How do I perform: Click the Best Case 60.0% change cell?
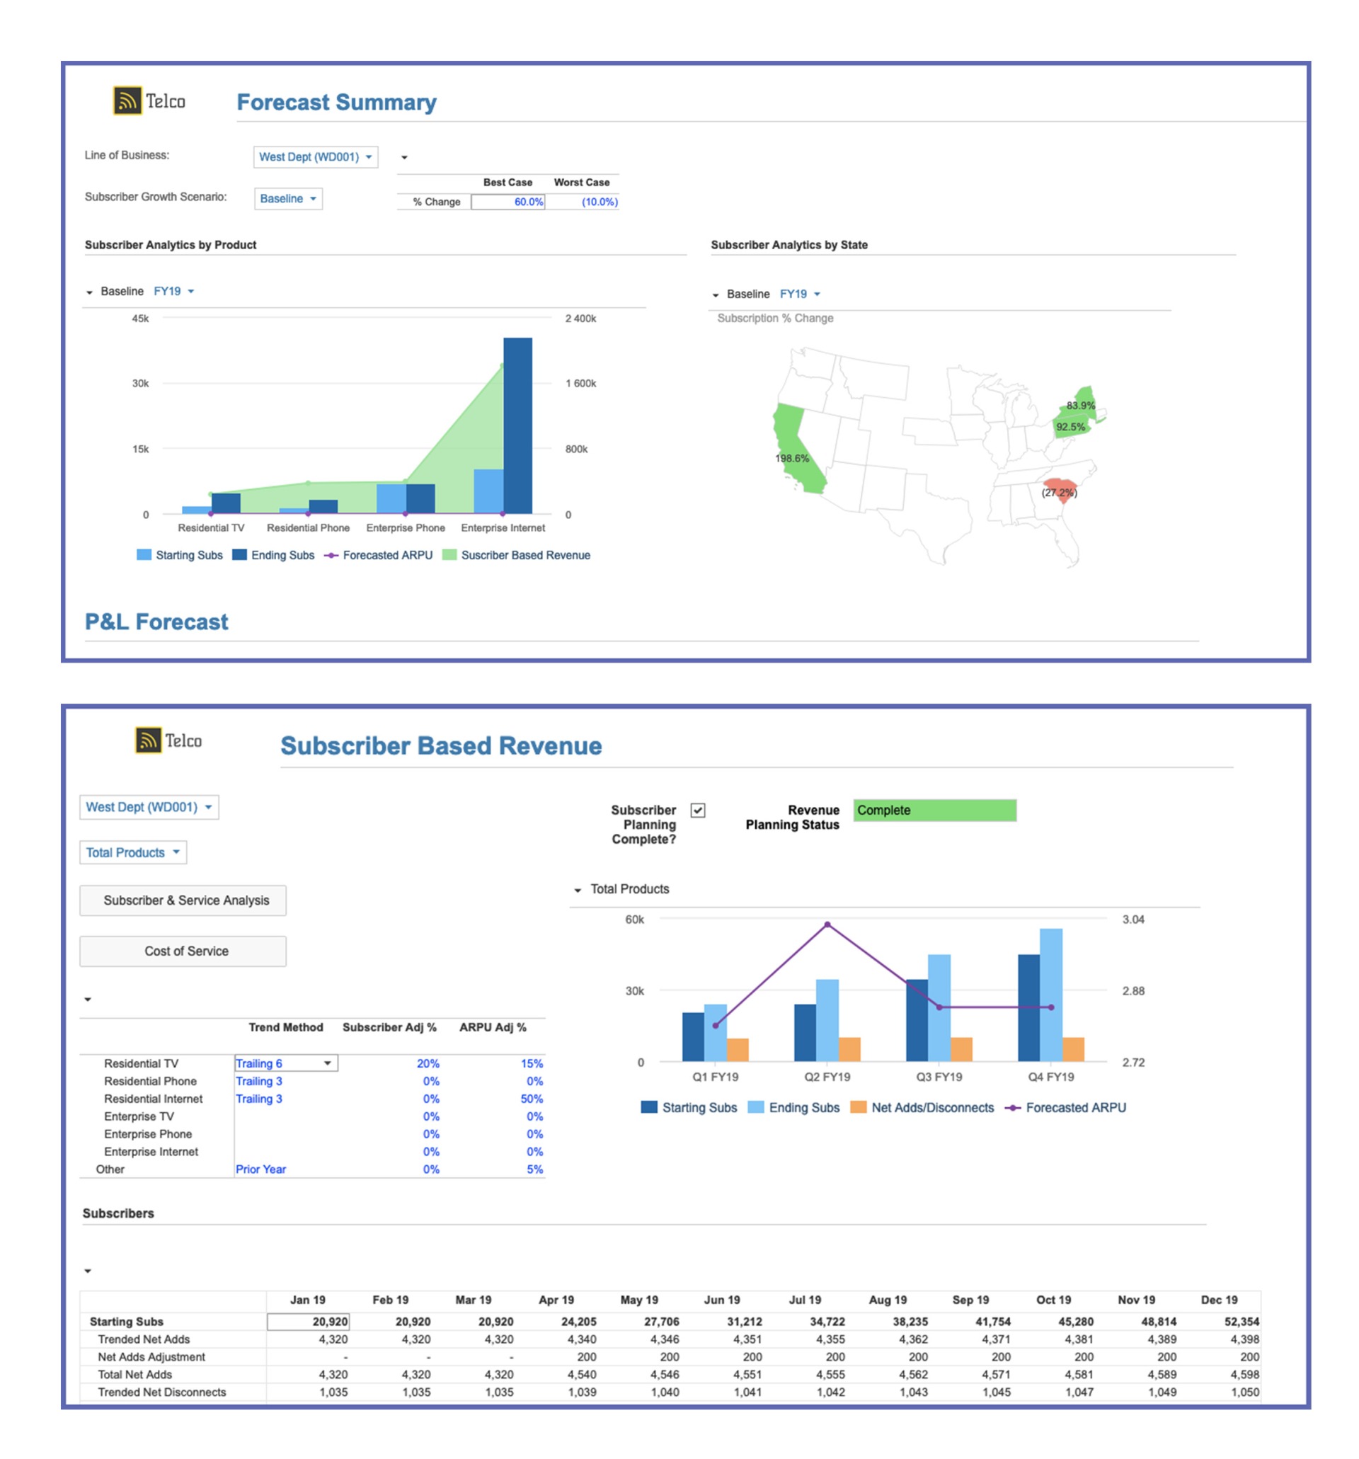pyautogui.click(x=507, y=202)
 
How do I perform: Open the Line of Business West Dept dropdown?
pyautogui.click(x=315, y=157)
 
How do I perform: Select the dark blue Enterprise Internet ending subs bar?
pyautogui.click(x=517, y=425)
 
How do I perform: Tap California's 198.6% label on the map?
pyautogui.click(x=792, y=459)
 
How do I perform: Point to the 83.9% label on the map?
pyautogui.click(x=1080, y=405)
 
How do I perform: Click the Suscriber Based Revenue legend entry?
pyautogui.click(x=524, y=556)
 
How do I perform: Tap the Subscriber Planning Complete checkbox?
pyautogui.click(x=698, y=811)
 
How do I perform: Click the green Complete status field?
pyautogui.click(x=934, y=811)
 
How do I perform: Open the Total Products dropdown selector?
pyautogui.click(x=133, y=853)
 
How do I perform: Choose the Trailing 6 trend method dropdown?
pyautogui.click(x=285, y=1063)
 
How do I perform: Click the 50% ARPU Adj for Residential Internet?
pyautogui.click(x=532, y=1099)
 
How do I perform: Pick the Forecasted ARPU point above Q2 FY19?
pyautogui.click(x=827, y=925)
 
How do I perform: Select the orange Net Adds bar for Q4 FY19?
pyautogui.click(x=1073, y=1050)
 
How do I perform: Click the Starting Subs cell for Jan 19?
pyautogui.click(x=308, y=1322)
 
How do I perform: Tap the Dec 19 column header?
pyautogui.click(x=1219, y=1300)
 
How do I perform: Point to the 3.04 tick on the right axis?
pyautogui.click(x=1133, y=920)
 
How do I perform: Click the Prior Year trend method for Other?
pyautogui.click(x=260, y=1169)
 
